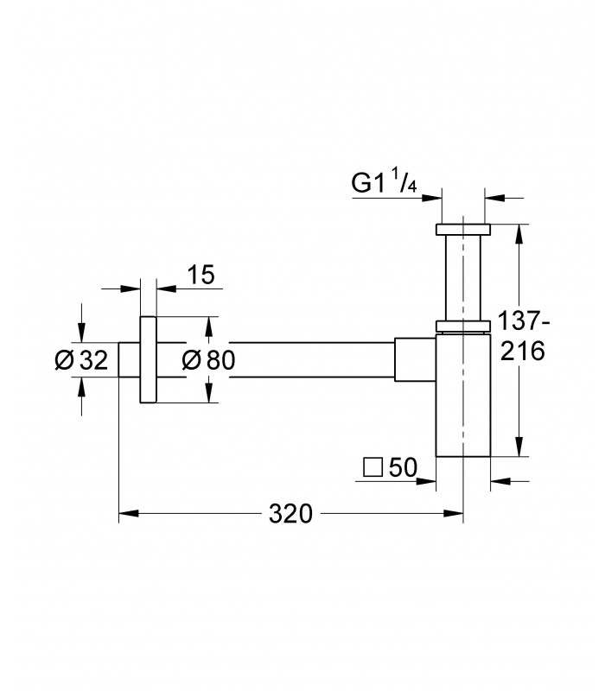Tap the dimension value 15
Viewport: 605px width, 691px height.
pyautogui.click(x=201, y=274)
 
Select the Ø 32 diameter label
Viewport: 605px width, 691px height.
pyautogui.click(x=81, y=359)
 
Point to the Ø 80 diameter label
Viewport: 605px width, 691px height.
pyautogui.click(x=208, y=359)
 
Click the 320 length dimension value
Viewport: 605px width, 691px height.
pyautogui.click(x=290, y=513)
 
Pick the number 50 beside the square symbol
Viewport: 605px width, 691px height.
pyautogui.click(x=403, y=467)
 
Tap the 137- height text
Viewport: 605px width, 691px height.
pyautogui.click(x=524, y=320)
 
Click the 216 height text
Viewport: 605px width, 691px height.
pyautogui.click(x=523, y=352)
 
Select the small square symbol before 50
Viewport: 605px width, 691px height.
pyautogui.click(x=373, y=467)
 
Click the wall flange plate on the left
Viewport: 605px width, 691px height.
pyautogui.click(x=148, y=359)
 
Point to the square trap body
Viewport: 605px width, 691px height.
pyautogui.click(x=463, y=396)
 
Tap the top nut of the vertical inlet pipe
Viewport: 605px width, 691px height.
pyautogui.click(x=463, y=230)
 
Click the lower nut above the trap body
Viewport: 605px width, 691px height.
pyautogui.click(x=463, y=326)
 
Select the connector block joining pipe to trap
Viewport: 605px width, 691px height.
pyautogui.click(x=415, y=359)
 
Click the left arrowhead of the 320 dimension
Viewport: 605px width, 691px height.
pyautogui.click(x=129, y=513)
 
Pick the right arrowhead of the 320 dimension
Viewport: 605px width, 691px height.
pyautogui.click(x=454, y=513)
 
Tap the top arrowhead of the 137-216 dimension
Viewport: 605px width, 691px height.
pyautogui.click(x=520, y=234)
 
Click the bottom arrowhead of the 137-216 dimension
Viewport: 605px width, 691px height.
pyautogui.click(x=520, y=447)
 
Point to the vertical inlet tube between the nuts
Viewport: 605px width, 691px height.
pyautogui.click(x=463, y=277)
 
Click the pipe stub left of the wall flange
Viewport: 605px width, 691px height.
pyautogui.click(x=130, y=359)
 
